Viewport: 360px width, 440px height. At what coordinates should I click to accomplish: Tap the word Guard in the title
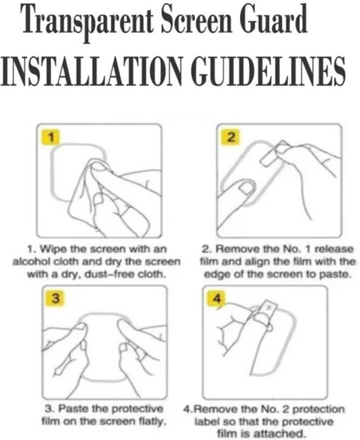(274, 19)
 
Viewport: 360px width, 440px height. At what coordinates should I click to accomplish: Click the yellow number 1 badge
(51, 137)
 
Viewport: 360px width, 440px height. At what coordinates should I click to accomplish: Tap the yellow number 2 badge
(231, 137)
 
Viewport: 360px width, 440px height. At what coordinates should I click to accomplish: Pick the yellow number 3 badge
(56, 298)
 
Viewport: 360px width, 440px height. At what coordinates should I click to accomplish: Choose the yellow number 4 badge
(217, 298)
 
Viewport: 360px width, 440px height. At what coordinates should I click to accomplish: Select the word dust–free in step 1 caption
(109, 274)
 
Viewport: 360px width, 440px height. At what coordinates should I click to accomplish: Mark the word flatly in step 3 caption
(151, 421)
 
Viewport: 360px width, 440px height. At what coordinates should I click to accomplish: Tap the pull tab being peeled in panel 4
(267, 310)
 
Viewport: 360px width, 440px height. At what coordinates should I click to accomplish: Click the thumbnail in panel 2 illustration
(247, 187)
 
